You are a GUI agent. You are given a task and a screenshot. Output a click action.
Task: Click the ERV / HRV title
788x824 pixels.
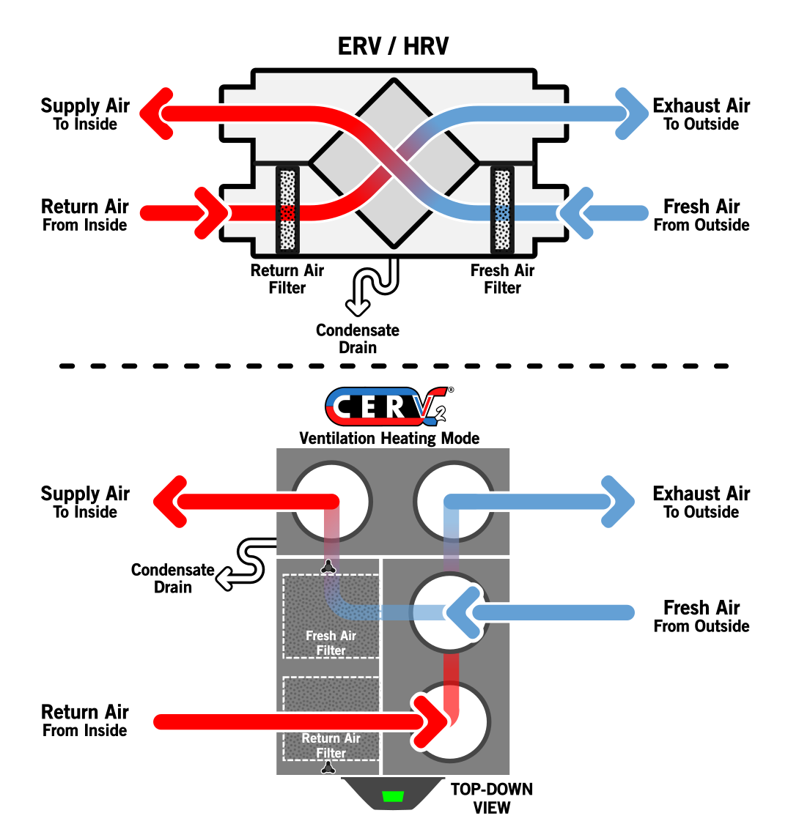[393, 46]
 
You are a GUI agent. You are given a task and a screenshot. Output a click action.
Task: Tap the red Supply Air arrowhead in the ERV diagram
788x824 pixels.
[157, 114]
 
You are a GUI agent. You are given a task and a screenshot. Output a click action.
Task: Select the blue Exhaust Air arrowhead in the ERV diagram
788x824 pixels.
[632, 114]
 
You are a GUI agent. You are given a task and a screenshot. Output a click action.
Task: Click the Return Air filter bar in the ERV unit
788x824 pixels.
[287, 209]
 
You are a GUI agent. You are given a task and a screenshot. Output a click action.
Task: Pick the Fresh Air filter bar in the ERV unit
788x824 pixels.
[502, 209]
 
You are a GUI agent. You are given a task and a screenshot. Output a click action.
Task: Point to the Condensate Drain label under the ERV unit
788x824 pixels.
[358, 339]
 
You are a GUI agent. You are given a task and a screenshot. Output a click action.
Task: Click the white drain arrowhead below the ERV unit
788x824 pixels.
[358, 307]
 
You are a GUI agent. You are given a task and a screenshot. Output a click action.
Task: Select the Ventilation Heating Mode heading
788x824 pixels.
[389, 438]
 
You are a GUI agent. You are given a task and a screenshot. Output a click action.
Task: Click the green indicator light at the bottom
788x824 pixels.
[392, 796]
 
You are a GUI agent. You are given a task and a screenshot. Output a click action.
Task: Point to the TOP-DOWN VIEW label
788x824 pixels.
[492, 798]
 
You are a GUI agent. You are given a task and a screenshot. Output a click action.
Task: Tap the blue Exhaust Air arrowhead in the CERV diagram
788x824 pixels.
[618, 501]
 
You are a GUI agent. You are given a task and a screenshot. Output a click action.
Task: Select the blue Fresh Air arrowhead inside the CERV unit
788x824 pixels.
[463, 612]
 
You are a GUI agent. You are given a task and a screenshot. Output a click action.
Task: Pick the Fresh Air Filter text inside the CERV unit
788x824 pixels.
[331, 643]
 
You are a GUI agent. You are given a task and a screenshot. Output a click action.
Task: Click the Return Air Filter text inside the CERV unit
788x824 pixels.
[331, 746]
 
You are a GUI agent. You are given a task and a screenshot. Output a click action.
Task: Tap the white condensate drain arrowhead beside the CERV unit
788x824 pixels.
[225, 579]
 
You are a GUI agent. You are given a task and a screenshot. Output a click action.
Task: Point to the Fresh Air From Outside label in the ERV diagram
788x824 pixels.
[702, 215]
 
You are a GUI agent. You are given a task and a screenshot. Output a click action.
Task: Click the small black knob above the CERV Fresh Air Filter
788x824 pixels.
[329, 566]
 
